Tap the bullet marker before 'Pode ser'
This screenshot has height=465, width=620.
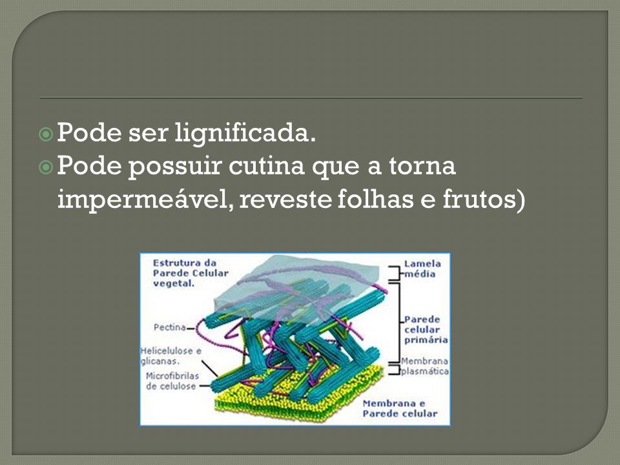tap(46, 134)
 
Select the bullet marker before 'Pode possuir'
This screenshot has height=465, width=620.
tap(46, 168)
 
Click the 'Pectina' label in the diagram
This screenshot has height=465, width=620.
tap(170, 327)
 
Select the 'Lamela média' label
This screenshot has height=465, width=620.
tap(422, 269)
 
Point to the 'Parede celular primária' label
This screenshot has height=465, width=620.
tap(426, 330)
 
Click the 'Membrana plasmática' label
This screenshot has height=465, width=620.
tap(425, 366)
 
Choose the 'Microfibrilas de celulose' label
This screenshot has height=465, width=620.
tap(172, 381)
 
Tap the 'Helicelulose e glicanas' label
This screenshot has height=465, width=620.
tap(170, 356)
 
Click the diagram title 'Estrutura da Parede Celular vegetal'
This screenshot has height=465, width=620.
tap(191, 273)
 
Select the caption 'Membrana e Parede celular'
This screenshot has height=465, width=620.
tap(400, 408)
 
